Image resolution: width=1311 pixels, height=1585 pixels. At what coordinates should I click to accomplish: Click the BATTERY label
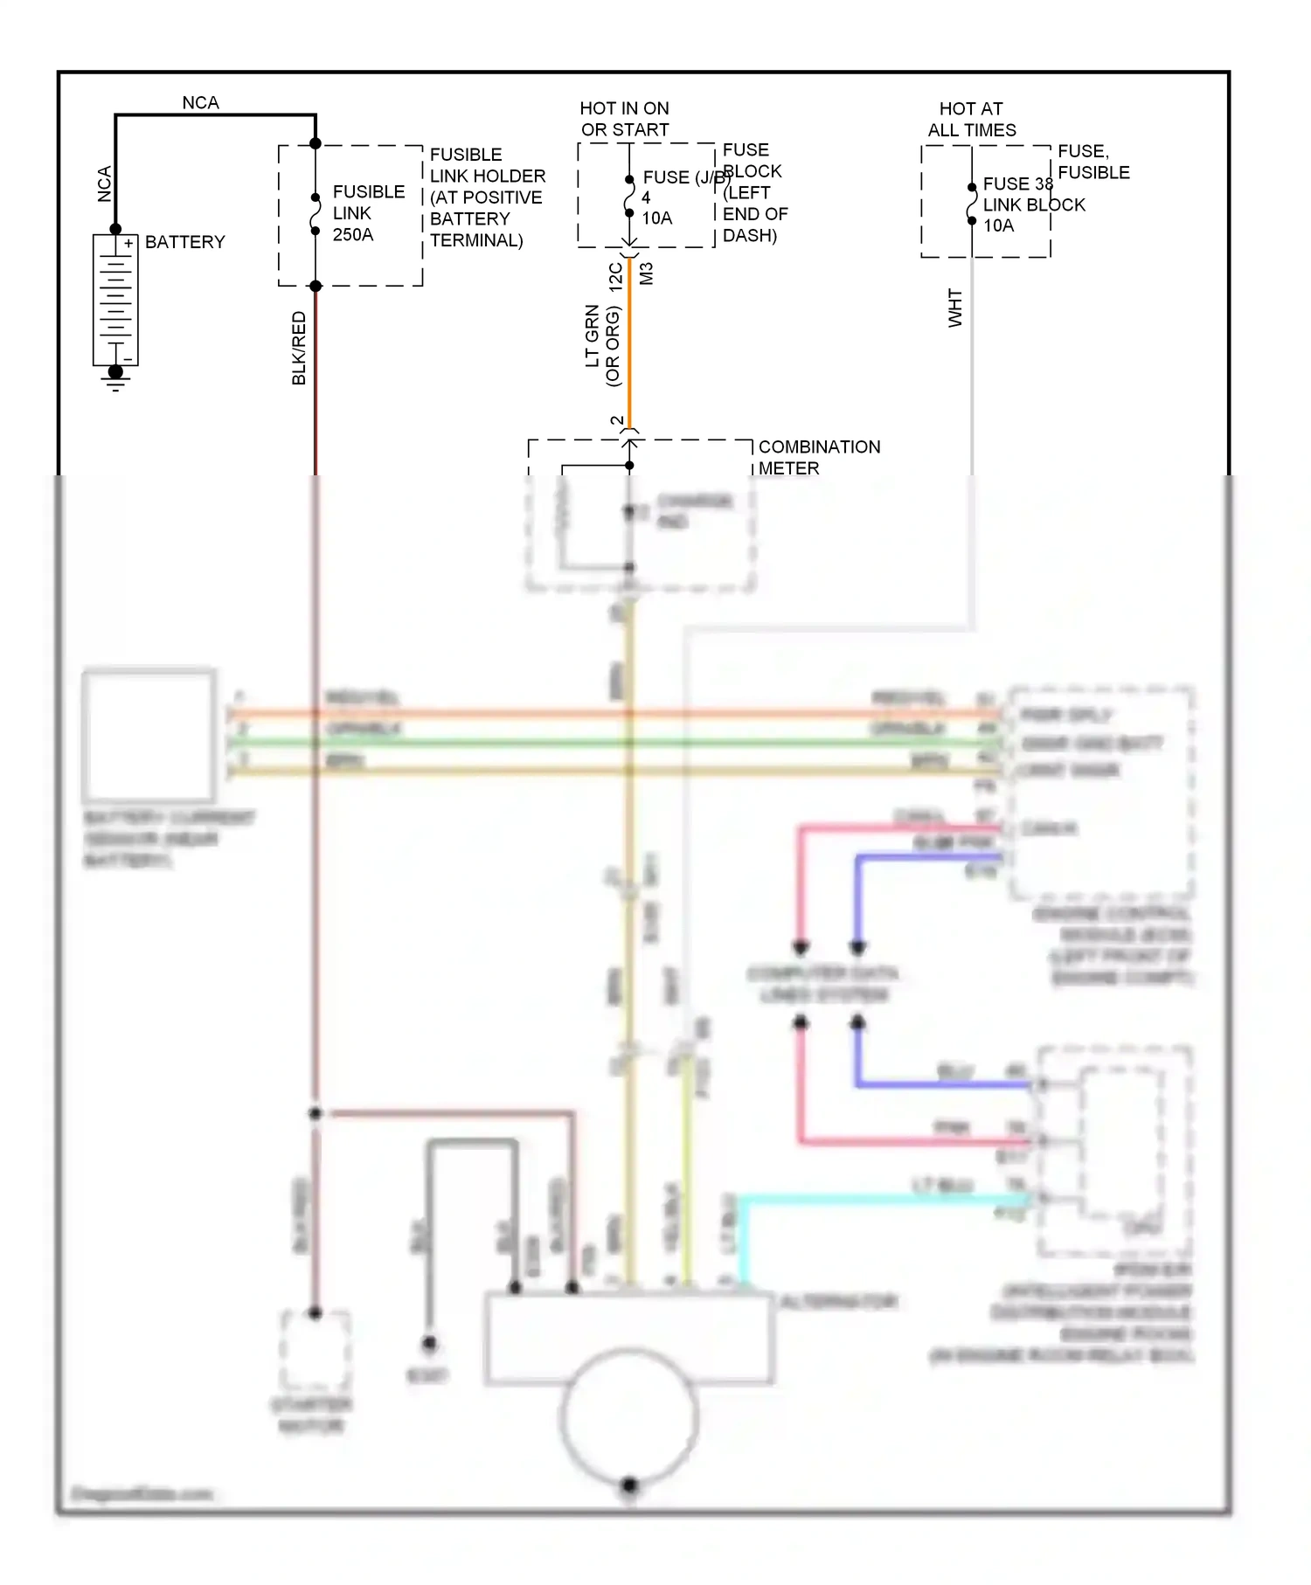point(184,242)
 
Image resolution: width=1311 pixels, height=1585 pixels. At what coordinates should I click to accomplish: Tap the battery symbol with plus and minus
point(115,300)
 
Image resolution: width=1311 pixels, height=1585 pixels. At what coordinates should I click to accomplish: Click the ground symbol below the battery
point(115,378)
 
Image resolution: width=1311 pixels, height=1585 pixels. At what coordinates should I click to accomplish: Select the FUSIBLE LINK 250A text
point(367,213)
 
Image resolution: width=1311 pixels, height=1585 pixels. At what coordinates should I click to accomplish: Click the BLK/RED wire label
point(299,348)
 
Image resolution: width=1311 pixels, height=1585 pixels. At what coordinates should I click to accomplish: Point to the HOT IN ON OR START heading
point(624,119)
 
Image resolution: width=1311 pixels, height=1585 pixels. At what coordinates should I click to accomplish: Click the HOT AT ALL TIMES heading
point(971,119)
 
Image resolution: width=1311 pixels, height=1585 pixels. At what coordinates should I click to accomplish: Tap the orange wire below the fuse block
point(629,350)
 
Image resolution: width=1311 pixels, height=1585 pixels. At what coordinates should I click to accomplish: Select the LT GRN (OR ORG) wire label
point(602,346)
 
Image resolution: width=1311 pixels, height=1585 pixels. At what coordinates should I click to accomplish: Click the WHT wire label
point(955,308)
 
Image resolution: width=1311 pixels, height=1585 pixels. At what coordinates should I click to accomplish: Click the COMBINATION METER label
point(818,458)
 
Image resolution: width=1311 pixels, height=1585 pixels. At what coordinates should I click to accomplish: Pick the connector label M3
point(647,273)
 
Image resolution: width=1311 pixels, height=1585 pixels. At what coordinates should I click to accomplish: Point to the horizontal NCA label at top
point(200,102)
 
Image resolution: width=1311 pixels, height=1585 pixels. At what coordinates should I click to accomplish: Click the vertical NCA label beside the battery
point(105,184)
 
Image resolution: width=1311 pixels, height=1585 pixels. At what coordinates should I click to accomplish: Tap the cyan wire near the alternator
point(874,1201)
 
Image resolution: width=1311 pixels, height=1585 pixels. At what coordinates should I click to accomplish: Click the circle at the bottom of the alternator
point(629,1415)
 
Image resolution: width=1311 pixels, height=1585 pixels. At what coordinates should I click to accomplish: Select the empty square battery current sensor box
point(149,736)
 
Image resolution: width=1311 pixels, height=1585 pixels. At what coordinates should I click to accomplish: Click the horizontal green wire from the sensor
point(612,743)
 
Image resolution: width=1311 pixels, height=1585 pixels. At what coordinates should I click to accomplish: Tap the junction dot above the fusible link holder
point(316,143)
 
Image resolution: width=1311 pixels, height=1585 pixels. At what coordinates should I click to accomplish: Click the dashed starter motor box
point(316,1350)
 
